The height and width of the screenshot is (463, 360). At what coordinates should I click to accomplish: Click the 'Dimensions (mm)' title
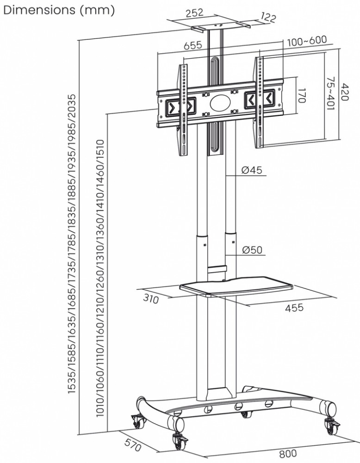tap(58, 10)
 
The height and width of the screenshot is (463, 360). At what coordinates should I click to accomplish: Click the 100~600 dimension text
tap(307, 41)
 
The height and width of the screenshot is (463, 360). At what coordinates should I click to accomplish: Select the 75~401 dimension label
tap(330, 94)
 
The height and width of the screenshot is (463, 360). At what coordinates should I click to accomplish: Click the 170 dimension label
tap(302, 96)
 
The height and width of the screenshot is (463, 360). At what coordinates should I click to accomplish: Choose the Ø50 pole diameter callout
tap(252, 250)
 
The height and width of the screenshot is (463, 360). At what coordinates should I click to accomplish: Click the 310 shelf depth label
tap(150, 299)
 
